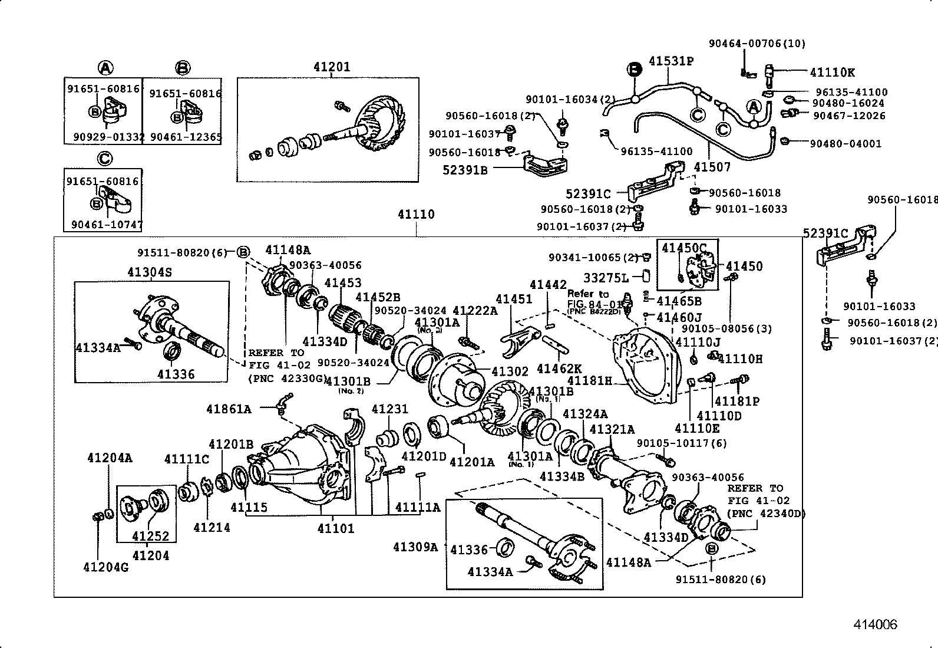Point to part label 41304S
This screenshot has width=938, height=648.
[x=150, y=272]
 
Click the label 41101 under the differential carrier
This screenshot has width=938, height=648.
[x=336, y=528]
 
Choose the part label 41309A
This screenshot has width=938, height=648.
[x=415, y=547]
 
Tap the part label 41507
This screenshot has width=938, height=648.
[x=712, y=167]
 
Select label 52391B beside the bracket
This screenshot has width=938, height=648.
[x=465, y=170]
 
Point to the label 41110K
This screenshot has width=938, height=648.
[x=832, y=73]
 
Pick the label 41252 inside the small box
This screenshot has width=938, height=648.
[x=150, y=536]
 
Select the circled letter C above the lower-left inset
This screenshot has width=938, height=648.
[x=104, y=159]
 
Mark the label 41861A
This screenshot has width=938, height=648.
[x=229, y=409]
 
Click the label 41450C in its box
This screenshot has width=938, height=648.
[x=683, y=247]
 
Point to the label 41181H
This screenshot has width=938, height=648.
[x=589, y=381]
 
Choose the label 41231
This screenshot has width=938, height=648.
[x=389, y=409]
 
